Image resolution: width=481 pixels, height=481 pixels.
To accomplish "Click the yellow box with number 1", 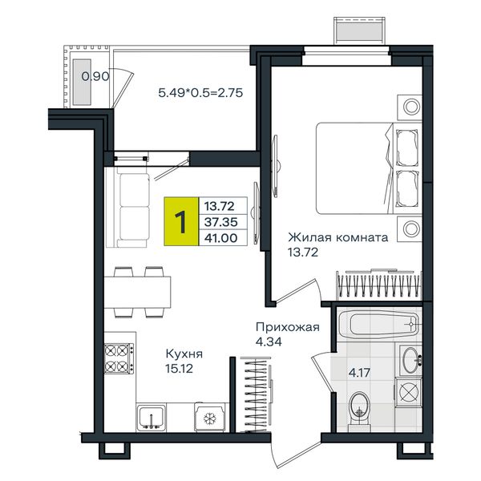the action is click(x=181, y=221).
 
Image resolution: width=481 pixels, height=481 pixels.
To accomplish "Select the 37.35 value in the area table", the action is click(x=221, y=222).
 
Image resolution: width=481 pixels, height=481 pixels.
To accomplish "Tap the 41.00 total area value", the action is click(x=221, y=238).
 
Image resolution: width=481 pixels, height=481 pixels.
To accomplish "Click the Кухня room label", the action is click(x=184, y=354).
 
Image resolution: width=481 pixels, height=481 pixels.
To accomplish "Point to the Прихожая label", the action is click(x=288, y=327).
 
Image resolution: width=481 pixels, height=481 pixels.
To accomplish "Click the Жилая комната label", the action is click(x=338, y=237).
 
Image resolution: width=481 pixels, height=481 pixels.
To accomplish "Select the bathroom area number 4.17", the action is click(x=359, y=373).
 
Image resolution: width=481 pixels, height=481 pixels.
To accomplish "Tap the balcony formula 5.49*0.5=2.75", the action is click(x=200, y=92).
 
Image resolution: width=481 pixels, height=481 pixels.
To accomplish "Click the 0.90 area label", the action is click(x=95, y=76).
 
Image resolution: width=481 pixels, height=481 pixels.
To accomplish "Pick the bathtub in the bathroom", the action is click(x=379, y=324).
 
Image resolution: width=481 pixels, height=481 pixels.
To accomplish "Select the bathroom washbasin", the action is click(x=410, y=361).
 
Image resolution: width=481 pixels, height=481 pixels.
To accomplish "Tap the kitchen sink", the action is click(x=152, y=417).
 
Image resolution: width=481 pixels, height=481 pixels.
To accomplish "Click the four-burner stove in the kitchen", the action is click(x=119, y=358).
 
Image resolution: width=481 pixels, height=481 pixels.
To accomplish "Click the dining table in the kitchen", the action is click(x=137, y=292).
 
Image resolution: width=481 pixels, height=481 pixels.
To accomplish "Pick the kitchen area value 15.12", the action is click(x=180, y=369).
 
